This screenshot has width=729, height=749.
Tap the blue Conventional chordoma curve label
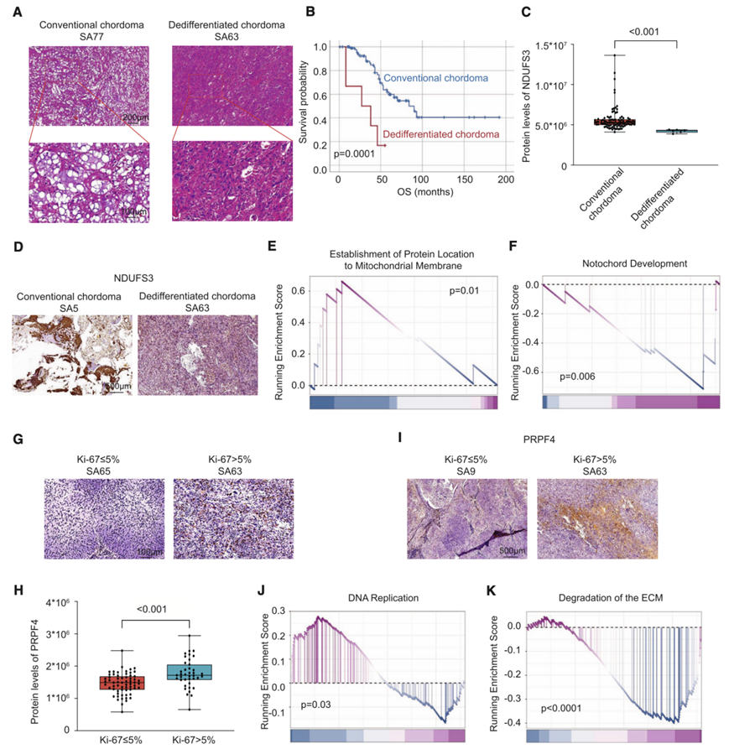pyautogui.click(x=437, y=79)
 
